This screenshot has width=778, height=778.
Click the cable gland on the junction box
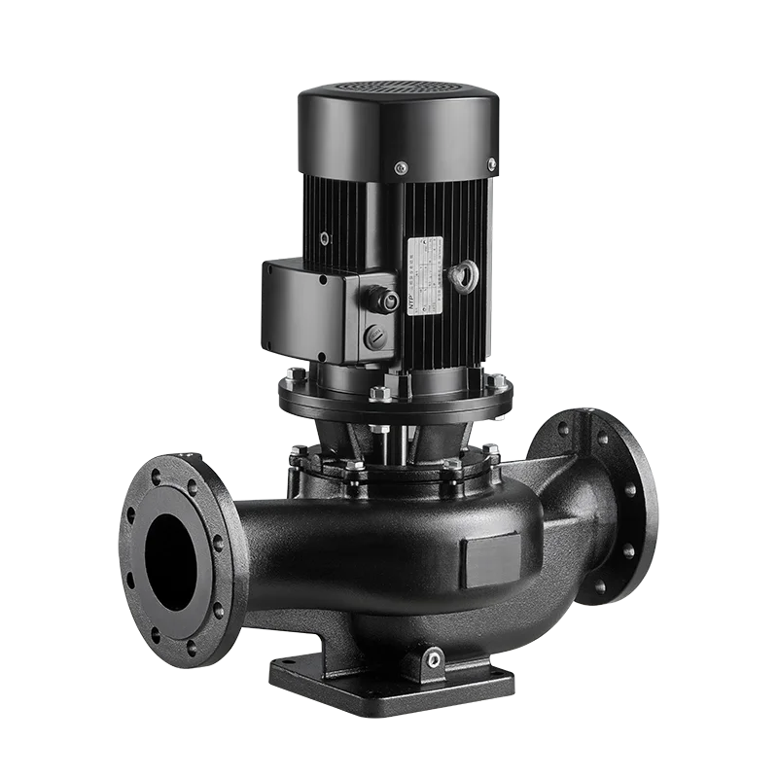click(389, 301)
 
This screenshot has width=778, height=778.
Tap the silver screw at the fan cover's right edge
click(491, 162)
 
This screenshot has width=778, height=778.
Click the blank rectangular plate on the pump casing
click(491, 560)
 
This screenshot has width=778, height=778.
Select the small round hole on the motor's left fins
click(324, 237)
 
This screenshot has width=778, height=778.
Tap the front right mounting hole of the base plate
click(504, 674)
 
